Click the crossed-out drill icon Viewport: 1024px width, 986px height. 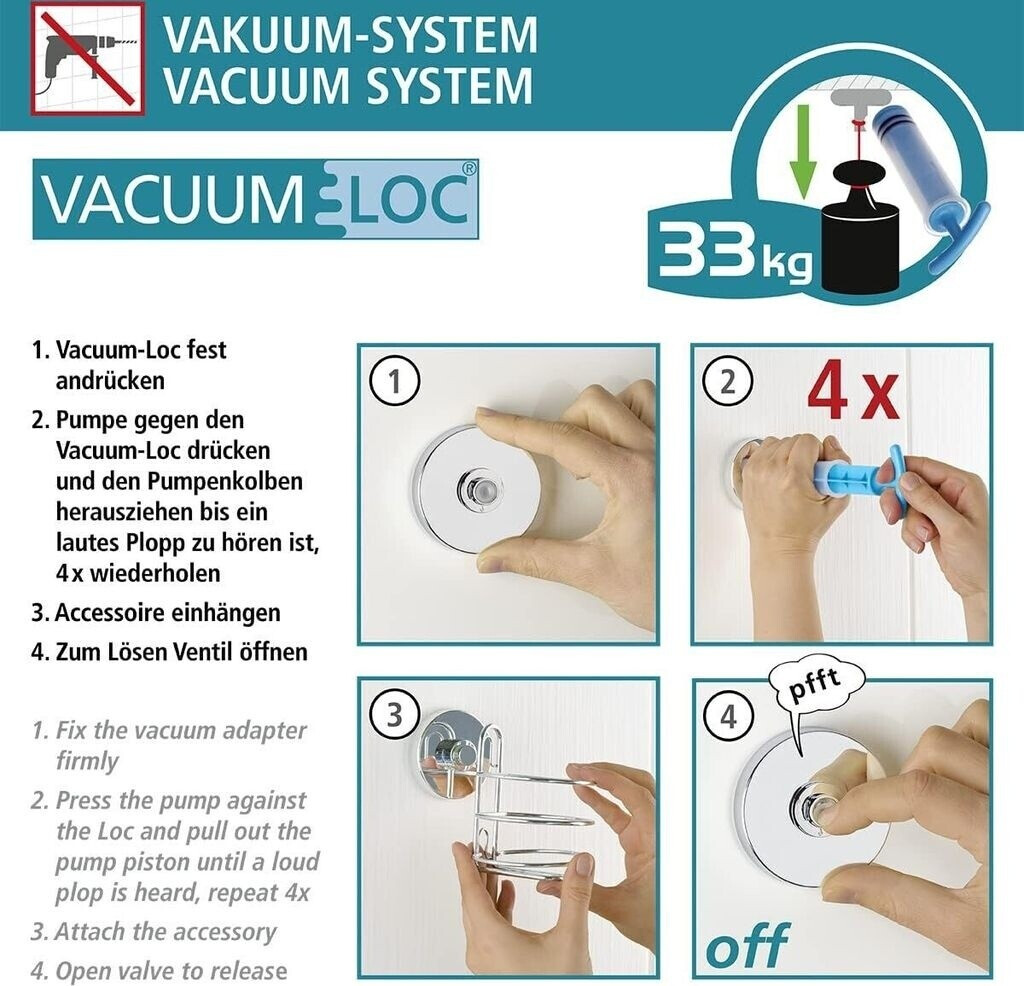87,58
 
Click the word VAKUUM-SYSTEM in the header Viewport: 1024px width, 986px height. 351,35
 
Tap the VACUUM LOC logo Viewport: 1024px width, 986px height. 255,199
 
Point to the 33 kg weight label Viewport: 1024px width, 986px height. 735,249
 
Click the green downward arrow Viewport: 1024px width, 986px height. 803,150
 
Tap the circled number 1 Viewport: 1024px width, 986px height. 394,381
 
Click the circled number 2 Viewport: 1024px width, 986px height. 728,381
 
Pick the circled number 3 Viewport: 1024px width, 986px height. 394,716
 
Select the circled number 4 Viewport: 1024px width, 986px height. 728,716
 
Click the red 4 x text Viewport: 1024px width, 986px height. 853,396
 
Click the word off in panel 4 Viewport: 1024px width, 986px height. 747,945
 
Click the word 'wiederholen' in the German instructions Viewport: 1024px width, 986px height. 155,573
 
